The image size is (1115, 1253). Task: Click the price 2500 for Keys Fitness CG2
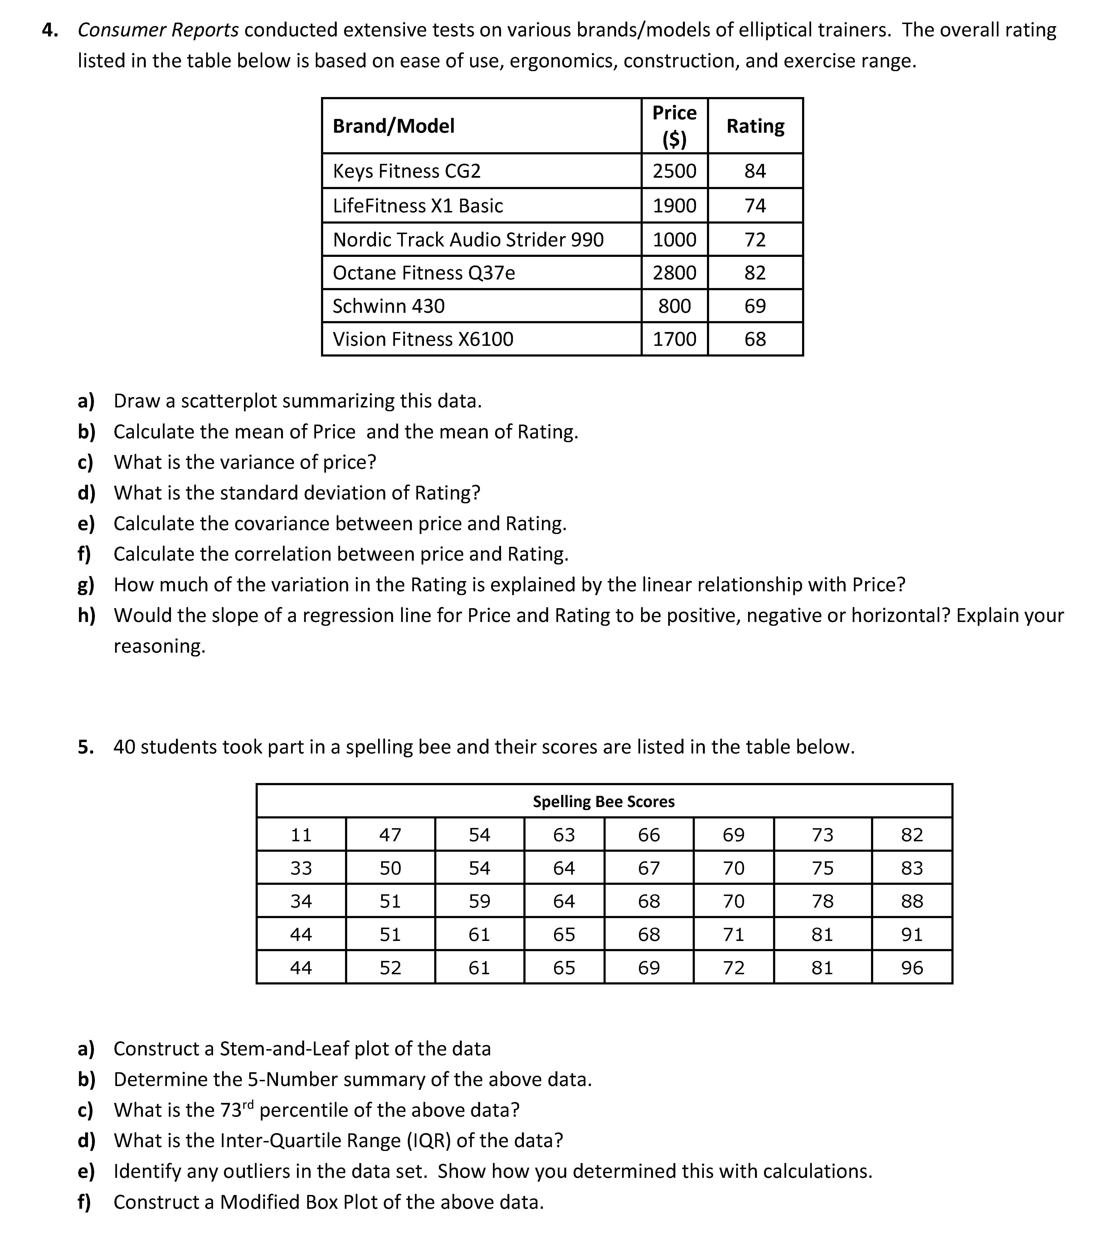(x=674, y=171)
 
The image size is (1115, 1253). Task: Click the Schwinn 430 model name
(x=389, y=306)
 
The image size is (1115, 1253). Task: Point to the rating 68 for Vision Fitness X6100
(x=755, y=339)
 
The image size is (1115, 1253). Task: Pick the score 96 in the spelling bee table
(x=911, y=968)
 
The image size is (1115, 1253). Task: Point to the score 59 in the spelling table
(x=479, y=901)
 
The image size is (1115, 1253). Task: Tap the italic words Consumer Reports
(x=158, y=30)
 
